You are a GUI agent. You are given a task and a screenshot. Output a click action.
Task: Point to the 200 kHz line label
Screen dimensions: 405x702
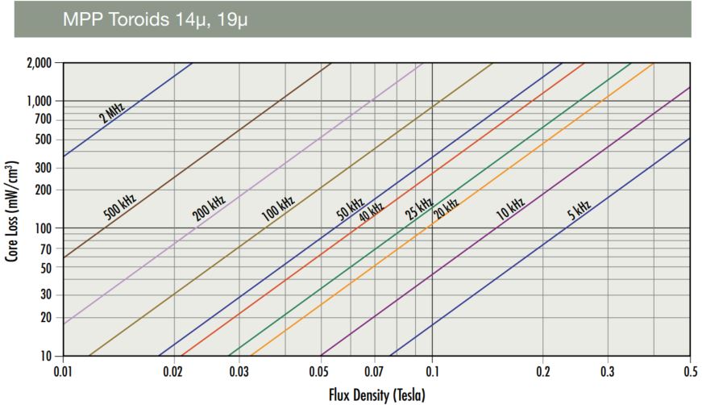[208, 207]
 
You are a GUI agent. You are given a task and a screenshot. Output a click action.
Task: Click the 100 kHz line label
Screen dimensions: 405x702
[277, 208]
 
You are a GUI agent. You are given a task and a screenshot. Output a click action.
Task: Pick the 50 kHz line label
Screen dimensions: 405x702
[350, 207]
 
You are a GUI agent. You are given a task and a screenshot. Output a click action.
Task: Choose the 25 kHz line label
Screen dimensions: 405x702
[419, 208]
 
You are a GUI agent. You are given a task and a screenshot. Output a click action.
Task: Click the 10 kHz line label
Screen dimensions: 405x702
[510, 208]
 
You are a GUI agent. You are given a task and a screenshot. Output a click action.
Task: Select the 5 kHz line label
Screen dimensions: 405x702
[579, 211]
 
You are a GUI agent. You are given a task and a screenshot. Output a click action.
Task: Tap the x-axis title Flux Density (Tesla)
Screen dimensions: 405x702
[376, 395]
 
